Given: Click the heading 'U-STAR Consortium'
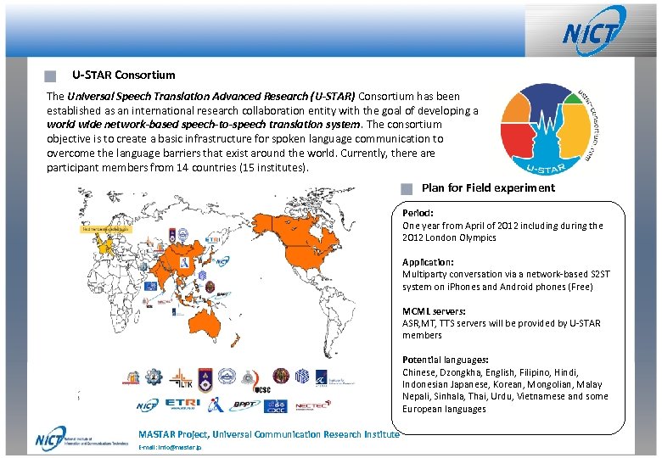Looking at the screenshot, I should pyautogui.click(x=124, y=75).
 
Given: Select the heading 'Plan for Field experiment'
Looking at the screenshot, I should pyautogui.click(x=488, y=188).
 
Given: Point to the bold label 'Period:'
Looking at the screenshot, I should pyautogui.click(x=418, y=214).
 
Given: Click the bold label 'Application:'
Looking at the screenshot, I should pyautogui.click(x=428, y=263).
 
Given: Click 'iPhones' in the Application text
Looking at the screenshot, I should pyautogui.click(x=481, y=287).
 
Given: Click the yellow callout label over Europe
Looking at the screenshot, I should pyautogui.click(x=107, y=229).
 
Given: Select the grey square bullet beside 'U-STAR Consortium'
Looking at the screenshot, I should pyautogui.click(x=51, y=76).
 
